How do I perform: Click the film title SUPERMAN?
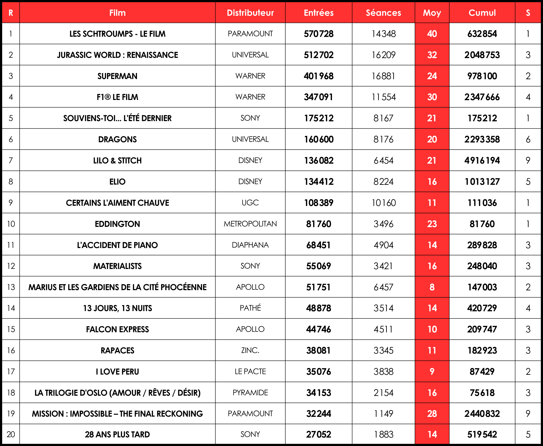click(117, 76)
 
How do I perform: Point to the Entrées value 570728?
click(318, 34)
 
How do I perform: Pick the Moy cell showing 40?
click(432, 34)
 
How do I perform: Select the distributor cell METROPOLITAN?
click(250, 224)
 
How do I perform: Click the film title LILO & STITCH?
click(117, 161)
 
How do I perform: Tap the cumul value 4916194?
click(482, 161)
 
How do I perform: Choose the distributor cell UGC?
click(250, 203)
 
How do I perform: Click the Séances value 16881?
click(383, 76)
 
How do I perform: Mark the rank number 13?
click(11, 287)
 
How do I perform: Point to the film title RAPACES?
click(117, 350)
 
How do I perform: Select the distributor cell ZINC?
click(250, 350)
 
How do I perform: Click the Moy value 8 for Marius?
click(432, 287)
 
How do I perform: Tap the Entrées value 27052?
click(318, 434)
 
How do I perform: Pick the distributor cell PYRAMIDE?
click(250, 392)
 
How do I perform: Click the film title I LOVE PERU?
click(117, 372)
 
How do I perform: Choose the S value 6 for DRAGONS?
click(528, 139)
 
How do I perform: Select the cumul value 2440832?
click(482, 414)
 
